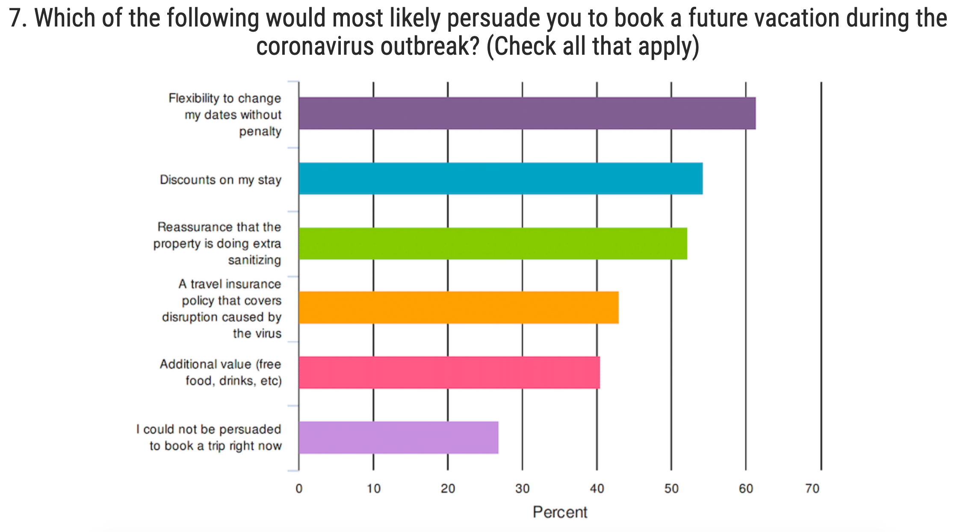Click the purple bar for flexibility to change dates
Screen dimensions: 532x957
coord(527,113)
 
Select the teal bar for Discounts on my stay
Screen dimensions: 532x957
coord(500,178)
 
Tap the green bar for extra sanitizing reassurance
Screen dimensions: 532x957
coord(493,243)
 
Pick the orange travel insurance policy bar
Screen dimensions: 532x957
coord(458,307)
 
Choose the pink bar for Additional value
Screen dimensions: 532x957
coord(449,372)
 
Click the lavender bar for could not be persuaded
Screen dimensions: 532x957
coord(399,437)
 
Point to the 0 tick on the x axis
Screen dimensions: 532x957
coord(299,488)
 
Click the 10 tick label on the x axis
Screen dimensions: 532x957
coord(373,488)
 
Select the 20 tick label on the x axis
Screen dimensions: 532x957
coord(448,488)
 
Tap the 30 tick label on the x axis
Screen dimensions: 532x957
coord(522,488)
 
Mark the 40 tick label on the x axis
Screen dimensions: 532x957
coord(597,488)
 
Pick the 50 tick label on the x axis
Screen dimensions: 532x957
coord(671,488)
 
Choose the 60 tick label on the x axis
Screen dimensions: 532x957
coord(746,488)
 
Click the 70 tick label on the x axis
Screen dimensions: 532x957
coord(812,488)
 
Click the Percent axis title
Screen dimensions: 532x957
coord(560,512)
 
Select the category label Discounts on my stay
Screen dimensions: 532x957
coord(220,180)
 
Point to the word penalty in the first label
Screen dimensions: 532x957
coord(260,131)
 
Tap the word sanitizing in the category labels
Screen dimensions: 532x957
coord(254,260)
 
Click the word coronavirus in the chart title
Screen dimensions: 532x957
coord(315,46)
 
